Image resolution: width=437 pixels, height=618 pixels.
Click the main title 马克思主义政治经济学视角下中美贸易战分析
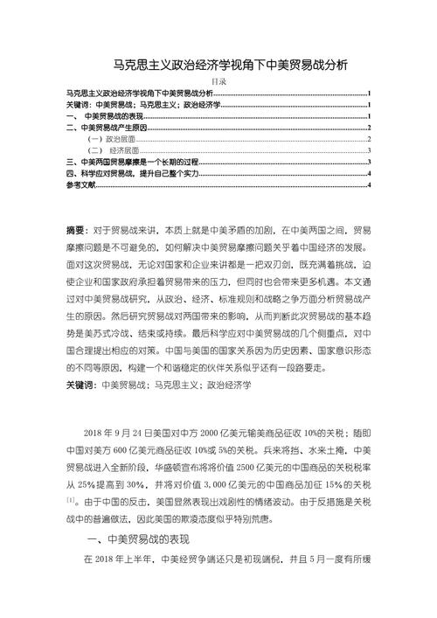[218, 65]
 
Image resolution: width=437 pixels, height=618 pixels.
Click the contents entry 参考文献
[83, 185]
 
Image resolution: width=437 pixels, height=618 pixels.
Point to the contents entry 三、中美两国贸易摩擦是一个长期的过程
[132, 162]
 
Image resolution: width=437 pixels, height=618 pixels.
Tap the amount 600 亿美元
[140, 451]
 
